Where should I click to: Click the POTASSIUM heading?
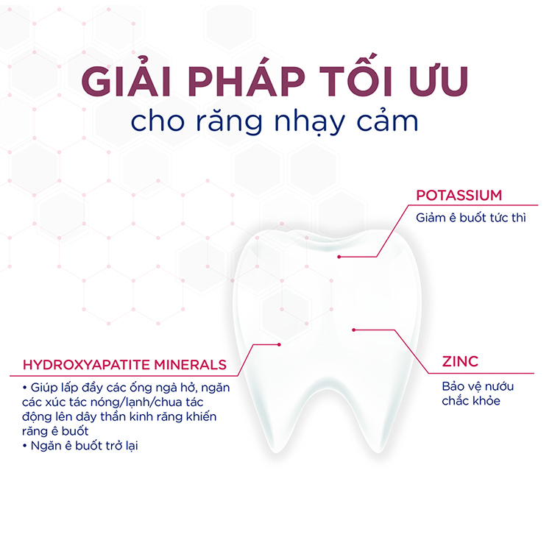tap(459, 196)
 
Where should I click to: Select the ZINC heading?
tap(460, 361)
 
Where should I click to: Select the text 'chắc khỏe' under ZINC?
tap(466, 401)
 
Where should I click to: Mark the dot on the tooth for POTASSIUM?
tap(339, 257)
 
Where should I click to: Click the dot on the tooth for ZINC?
tap(354, 329)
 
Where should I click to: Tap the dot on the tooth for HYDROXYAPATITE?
tap(280, 344)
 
